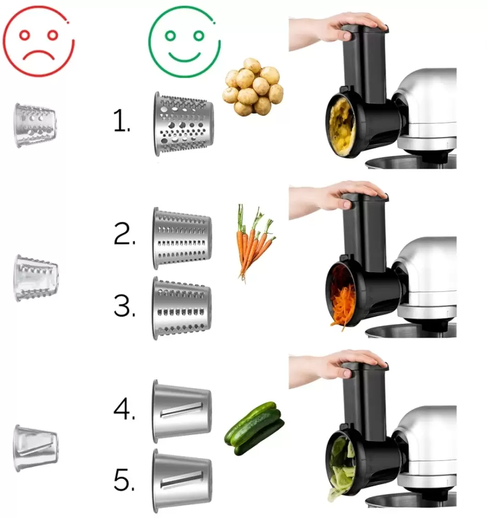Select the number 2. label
(x=124, y=234)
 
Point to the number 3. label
(x=124, y=306)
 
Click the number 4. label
(x=124, y=409)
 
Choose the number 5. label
(x=124, y=480)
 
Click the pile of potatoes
(x=253, y=87)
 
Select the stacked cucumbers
(x=254, y=428)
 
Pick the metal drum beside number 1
(x=183, y=124)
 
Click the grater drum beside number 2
(x=182, y=238)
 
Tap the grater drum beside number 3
(x=182, y=308)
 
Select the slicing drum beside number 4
(x=182, y=411)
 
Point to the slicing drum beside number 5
(x=182, y=481)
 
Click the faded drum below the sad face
(x=35, y=125)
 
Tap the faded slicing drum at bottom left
(x=36, y=448)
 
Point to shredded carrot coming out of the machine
(x=342, y=306)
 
